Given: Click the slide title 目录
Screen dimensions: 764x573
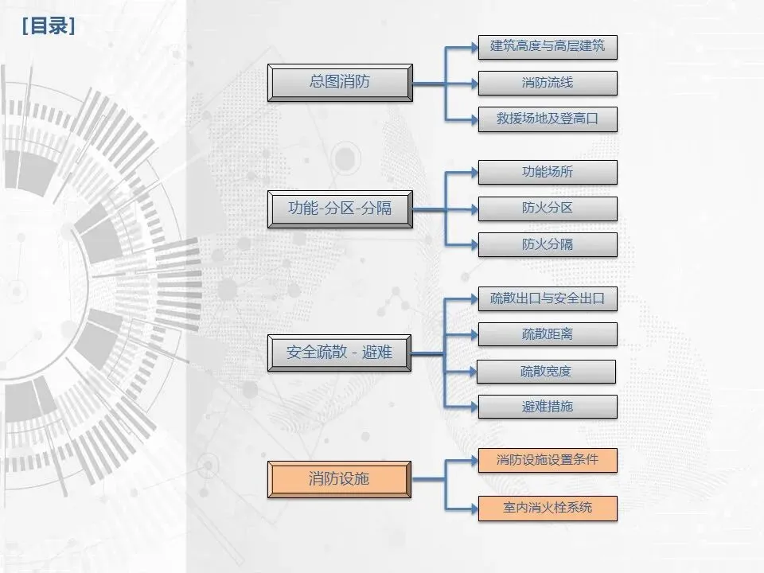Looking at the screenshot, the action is (x=49, y=26).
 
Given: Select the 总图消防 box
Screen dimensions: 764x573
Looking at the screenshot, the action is (x=340, y=82).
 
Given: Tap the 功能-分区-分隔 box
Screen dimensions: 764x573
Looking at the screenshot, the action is (x=340, y=209).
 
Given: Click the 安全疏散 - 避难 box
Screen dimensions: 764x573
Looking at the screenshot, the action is (x=340, y=352).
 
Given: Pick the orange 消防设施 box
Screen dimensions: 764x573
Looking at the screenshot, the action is (x=340, y=479).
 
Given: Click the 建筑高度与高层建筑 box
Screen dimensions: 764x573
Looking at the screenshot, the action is (x=548, y=46).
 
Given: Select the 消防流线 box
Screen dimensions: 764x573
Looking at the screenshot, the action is (x=548, y=83).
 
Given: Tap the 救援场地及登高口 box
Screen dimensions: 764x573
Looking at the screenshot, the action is (x=548, y=119).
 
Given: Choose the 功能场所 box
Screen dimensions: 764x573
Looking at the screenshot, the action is (x=548, y=172).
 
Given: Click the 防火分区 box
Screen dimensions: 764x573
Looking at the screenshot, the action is (x=548, y=209).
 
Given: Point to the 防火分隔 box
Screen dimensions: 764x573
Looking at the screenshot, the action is (x=548, y=244).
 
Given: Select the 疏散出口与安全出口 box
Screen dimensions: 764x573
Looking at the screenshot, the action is (x=548, y=299).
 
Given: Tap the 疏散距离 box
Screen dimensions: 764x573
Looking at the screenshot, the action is (x=548, y=334).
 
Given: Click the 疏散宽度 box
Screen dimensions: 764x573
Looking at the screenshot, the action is (x=546, y=371).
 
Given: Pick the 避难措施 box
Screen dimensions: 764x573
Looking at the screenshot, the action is (x=548, y=407).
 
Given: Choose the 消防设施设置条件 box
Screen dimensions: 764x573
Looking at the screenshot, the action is (x=548, y=460).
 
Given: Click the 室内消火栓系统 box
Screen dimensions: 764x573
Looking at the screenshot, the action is (x=548, y=507).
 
